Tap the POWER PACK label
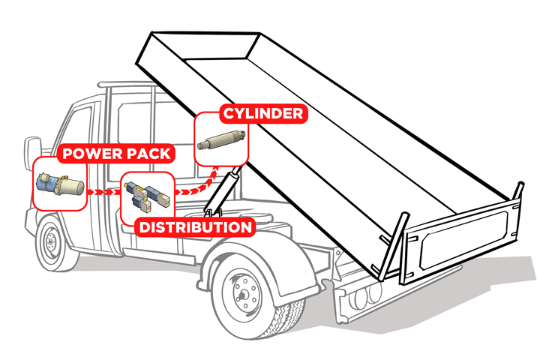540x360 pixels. tap(117, 154)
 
